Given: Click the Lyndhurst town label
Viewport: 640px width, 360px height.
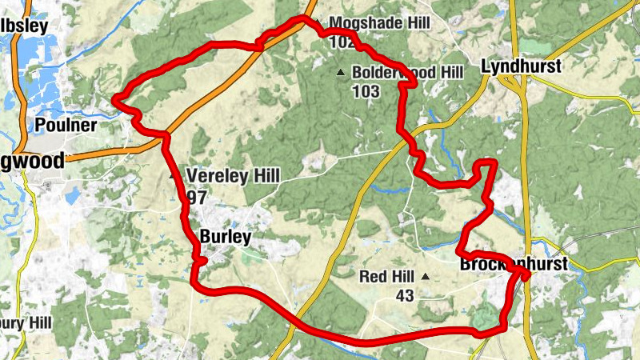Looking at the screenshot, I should pos(521,66).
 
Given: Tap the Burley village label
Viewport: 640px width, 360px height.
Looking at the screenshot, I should pos(225,237).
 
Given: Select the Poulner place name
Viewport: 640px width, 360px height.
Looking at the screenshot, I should pos(66,126).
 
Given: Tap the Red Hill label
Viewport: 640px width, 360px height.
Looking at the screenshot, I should pos(386,277).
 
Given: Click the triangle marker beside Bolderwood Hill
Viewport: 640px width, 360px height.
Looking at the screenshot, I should pos(341,73).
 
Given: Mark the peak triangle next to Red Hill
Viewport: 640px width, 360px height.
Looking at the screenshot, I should pos(425,277).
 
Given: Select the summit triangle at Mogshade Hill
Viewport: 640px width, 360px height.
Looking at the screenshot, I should pos(317,22).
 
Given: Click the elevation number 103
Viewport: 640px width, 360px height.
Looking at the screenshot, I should pos(365,90).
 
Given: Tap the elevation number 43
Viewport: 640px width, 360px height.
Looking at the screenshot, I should pos(404,295).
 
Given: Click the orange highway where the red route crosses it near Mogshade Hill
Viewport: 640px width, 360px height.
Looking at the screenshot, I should pos(262,46).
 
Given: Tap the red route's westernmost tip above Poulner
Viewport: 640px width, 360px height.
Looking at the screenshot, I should pos(115,99).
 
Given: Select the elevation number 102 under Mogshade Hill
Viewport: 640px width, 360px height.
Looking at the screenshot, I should pos(339,41).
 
